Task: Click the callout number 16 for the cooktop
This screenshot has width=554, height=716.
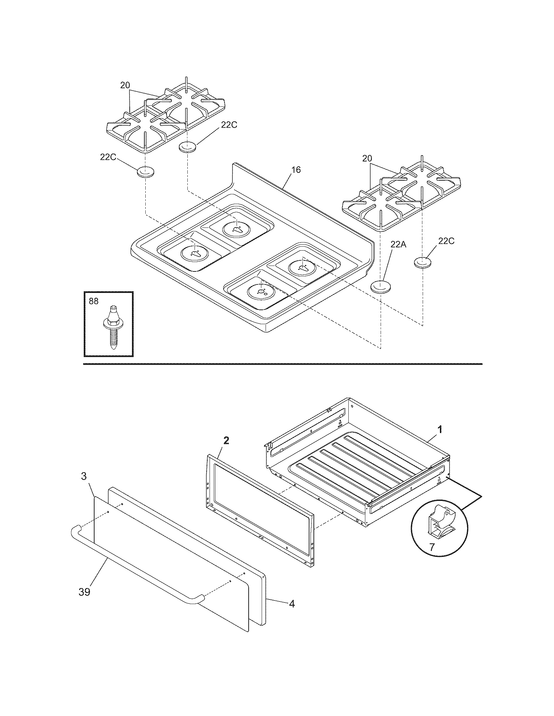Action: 296,170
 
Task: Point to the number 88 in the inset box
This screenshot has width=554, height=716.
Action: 94,301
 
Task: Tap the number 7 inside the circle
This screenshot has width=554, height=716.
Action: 432,547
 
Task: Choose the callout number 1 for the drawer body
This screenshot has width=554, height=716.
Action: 440,429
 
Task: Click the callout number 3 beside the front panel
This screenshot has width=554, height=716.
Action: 84,476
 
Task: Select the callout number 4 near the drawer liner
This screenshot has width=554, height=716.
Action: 291,603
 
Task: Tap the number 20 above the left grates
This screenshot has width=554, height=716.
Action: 125,85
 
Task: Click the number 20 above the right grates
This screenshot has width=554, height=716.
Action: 367,158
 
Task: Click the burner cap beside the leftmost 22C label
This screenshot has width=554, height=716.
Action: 145,172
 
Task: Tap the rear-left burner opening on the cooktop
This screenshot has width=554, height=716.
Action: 237,228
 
